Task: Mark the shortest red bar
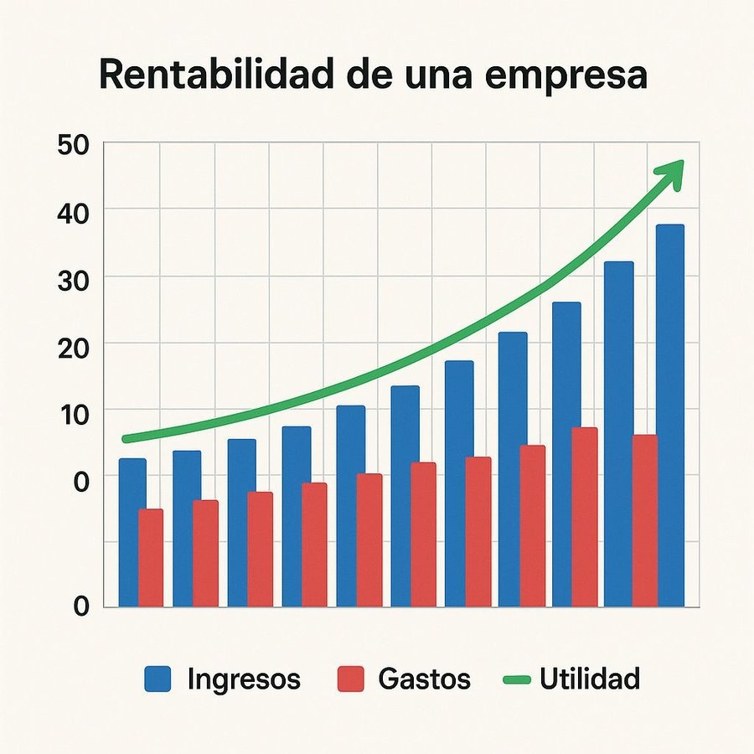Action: [151, 558]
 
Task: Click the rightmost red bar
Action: [644, 520]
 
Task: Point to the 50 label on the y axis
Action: [74, 144]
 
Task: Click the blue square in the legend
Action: [158, 679]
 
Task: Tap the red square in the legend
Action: [351, 679]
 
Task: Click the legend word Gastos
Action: [424, 679]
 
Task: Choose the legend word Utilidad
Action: [590, 678]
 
